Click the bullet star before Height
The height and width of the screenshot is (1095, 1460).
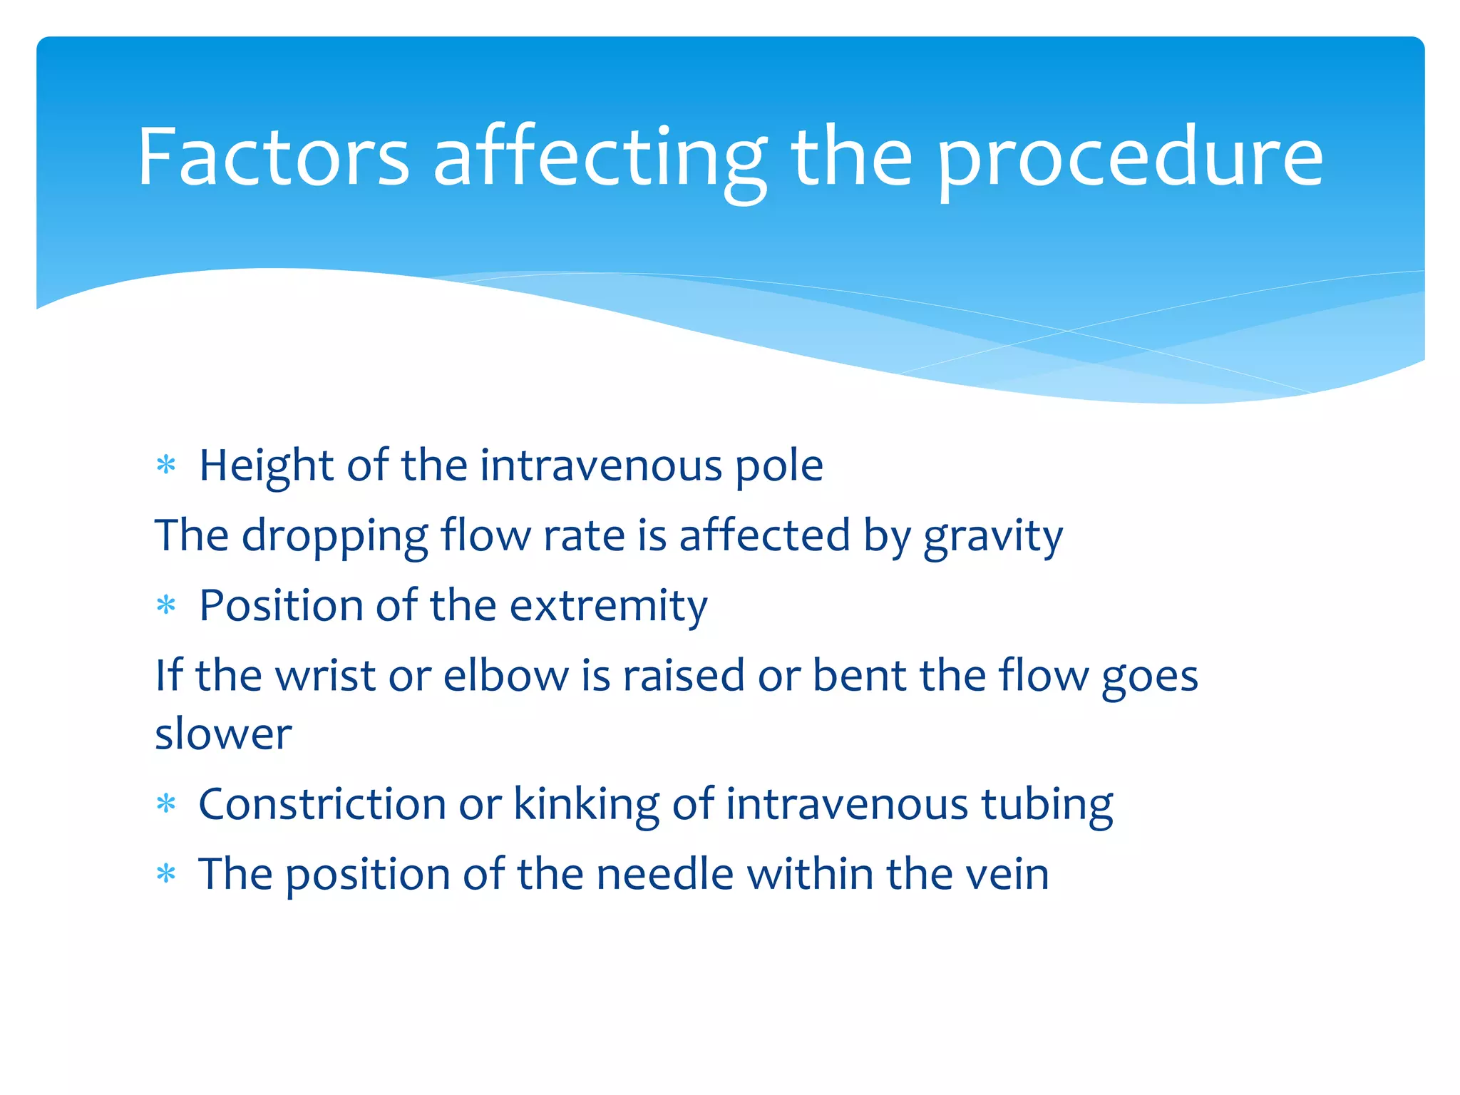point(166,466)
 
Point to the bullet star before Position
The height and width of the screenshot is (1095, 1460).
point(166,606)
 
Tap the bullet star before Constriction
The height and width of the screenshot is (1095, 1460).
point(166,804)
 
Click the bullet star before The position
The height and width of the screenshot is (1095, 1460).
point(166,873)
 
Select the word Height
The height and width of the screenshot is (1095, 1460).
point(266,466)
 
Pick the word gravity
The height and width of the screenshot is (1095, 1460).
point(993,536)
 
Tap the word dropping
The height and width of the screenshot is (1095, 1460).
point(334,536)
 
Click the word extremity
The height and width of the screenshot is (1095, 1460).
point(608,606)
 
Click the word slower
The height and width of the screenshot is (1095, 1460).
point(223,734)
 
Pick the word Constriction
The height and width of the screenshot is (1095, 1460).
point(322,804)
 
